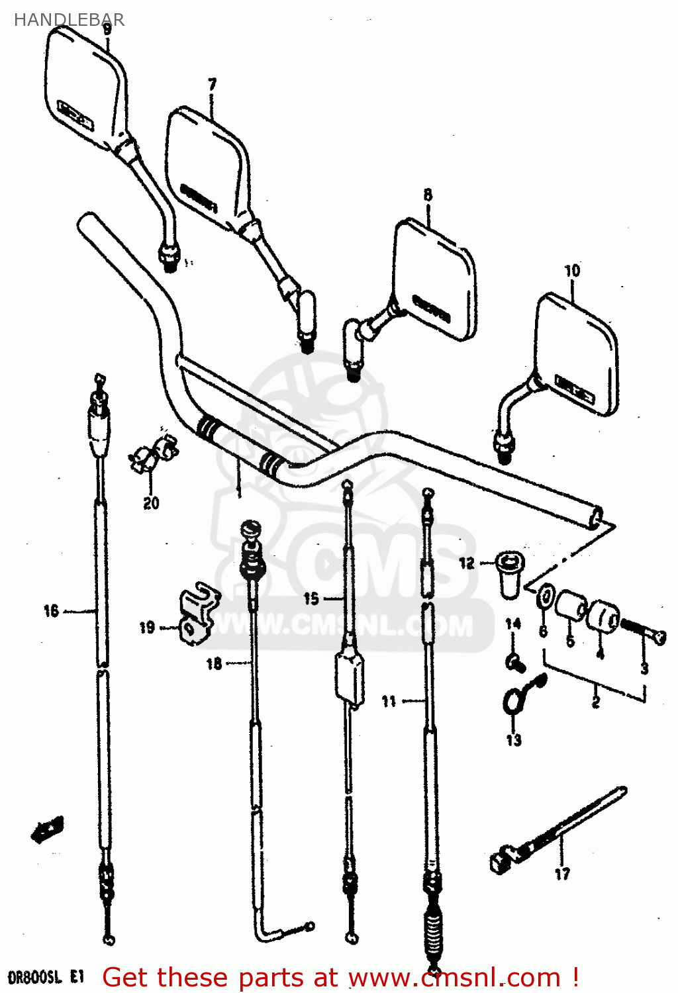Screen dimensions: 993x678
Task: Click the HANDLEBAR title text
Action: click(x=69, y=20)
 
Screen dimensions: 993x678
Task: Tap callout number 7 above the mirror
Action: click(x=212, y=85)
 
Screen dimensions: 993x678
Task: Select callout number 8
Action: click(x=428, y=195)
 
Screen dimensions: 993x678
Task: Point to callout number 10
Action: click(x=572, y=271)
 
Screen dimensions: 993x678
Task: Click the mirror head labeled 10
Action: click(x=577, y=354)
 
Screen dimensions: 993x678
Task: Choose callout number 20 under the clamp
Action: click(x=151, y=504)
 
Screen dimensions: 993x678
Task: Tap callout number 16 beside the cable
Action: click(x=52, y=611)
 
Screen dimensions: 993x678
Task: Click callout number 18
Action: click(x=214, y=663)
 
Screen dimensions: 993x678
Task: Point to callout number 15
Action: click(x=311, y=599)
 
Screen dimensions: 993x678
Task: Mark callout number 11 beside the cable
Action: click(x=389, y=701)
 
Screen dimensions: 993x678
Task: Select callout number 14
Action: click(x=513, y=624)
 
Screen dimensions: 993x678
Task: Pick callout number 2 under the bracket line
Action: click(x=595, y=702)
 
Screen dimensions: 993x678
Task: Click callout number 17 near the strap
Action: click(x=562, y=875)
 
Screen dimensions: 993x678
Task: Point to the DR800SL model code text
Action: click(x=45, y=977)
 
